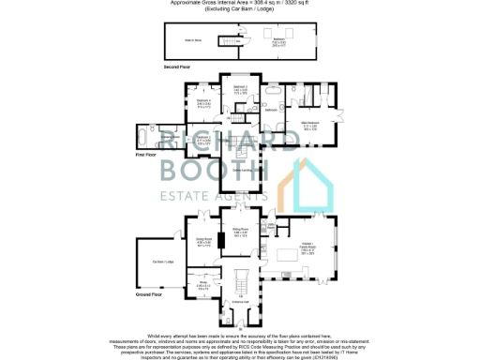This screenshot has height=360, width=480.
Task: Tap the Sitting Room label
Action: coord(240,230)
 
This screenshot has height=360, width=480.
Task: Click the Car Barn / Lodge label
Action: coord(163,260)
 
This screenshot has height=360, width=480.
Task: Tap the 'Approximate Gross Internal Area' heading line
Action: coord(239,4)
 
